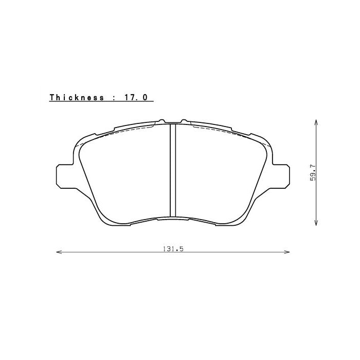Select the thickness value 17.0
click(137, 97)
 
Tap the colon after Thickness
click(113, 97)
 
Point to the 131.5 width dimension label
click(173, 248)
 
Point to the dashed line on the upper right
click(226, 133)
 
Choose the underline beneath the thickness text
click(101, 101)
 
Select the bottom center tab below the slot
click(173, 219)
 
